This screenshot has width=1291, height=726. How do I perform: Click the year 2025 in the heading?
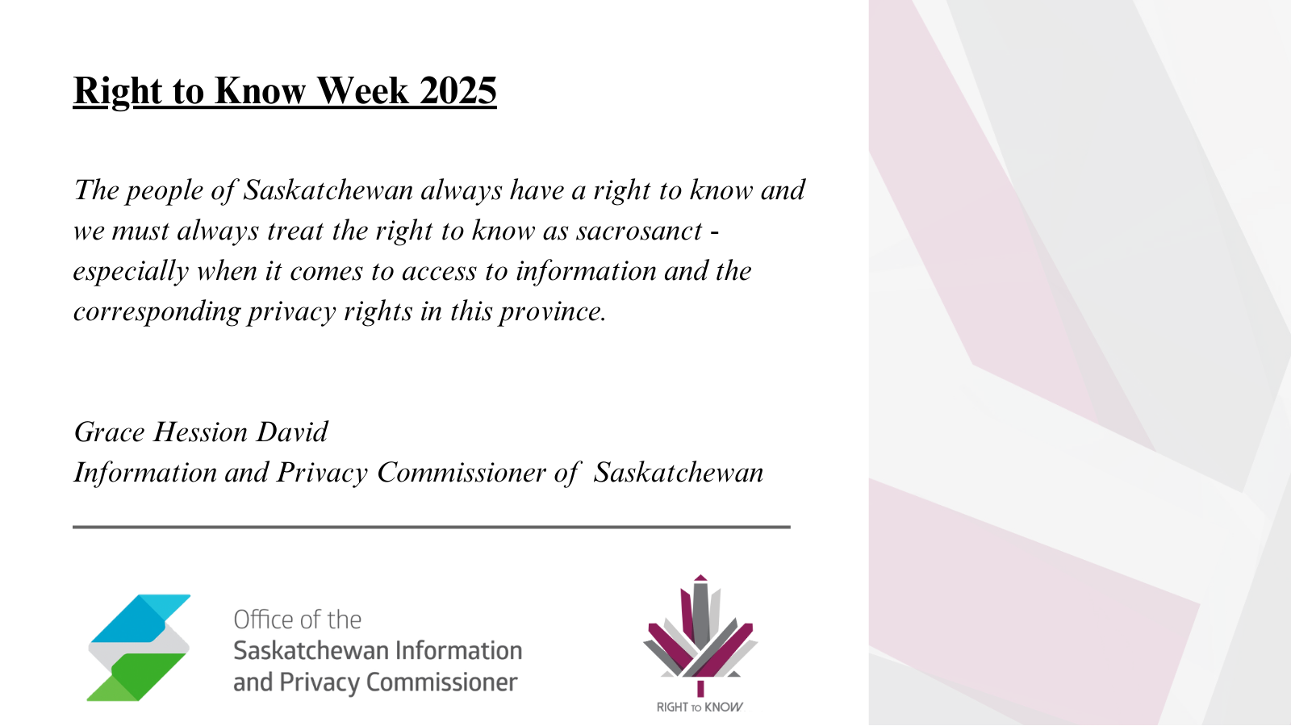pyautogui.click(x=457, y=90)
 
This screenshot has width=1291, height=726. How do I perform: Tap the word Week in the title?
pyautogui.click(x=362, y=90)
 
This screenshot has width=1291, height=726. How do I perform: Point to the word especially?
pyautogui.click(x=131, y=272)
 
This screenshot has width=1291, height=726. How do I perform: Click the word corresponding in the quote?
pyautogui.click(x=157, y=312)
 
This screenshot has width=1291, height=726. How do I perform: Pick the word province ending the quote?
pyautogui.click(x=553, y=312)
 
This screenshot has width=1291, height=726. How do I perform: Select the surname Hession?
pyautogui.click(x=200, y=432)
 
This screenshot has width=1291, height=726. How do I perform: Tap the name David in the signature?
pyautogui.click(x=291, y=432)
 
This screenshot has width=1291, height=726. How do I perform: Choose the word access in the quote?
pyautogui.click(x=439, y=272)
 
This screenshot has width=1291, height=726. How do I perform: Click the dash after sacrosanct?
pyautogui.click(x=715, y=232)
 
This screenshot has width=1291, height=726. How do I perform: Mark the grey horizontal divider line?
pyautogui.click(x=431, y=527)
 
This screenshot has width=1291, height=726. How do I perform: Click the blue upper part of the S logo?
pyautogui.click(x=140, y=618)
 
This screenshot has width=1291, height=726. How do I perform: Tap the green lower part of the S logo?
pyautogui.click(x=136, y=677)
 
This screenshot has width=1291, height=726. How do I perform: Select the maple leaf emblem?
pyautogui.click(x=700, y=635)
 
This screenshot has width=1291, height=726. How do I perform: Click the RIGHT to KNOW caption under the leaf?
pyautogui.click(x=700, y=707)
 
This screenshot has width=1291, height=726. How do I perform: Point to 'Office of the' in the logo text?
pyautogui.click(x=298, y=620)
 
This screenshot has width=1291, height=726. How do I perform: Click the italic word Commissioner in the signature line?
pyautogui.click(x=461, y=473)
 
